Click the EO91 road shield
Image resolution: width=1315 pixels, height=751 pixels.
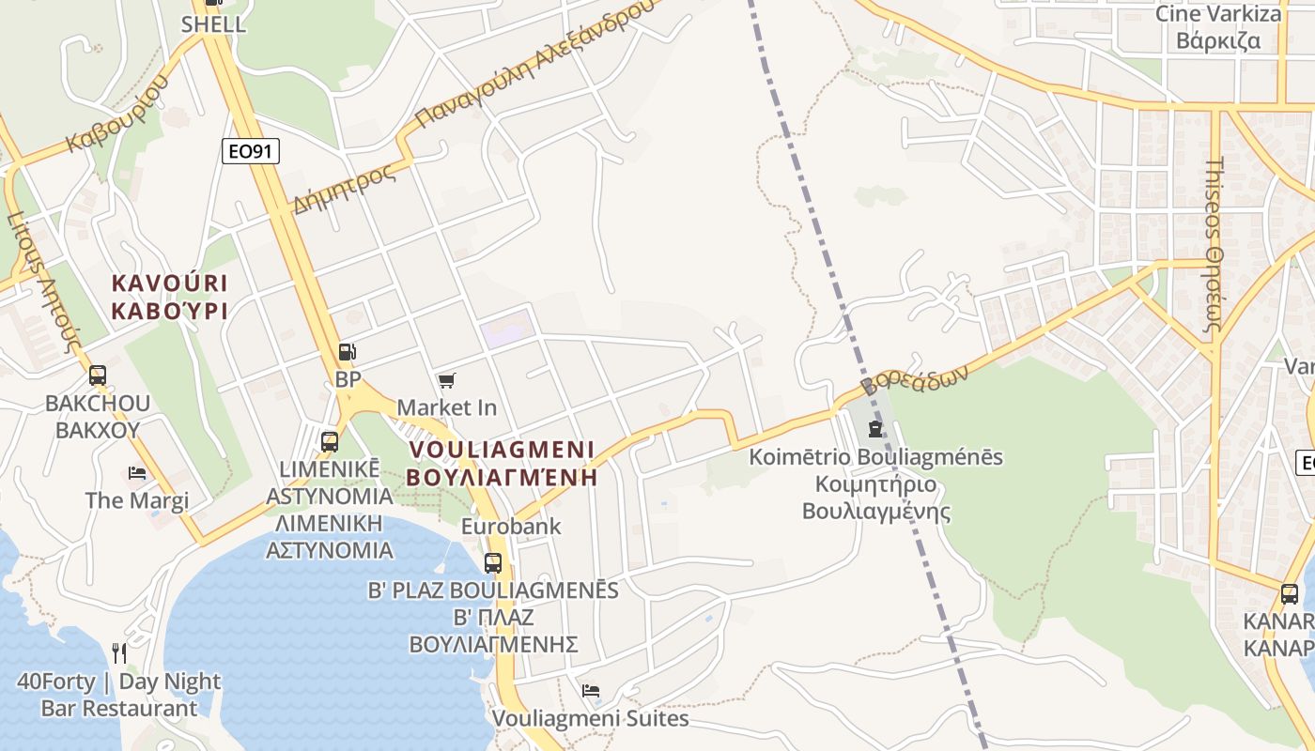pos(251,151)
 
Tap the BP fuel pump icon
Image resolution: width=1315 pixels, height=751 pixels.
pos(348,353)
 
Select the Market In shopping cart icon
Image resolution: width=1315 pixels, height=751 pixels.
pos(447,380)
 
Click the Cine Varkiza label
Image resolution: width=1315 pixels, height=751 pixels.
pos(1217,14)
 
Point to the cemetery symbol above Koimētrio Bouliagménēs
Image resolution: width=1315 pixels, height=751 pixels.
pos(875,429)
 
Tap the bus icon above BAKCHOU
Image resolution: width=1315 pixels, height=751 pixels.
pos(98,375)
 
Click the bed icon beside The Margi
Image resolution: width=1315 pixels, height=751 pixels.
pos(137,473)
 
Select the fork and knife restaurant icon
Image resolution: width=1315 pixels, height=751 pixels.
pos(119,652)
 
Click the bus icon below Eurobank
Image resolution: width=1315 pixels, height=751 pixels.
pos(493,563)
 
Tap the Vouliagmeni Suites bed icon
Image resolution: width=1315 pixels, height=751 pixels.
pos(591,691)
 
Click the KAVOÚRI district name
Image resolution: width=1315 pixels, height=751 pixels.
pos(170,283)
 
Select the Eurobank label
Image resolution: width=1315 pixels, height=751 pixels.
pos(511,526)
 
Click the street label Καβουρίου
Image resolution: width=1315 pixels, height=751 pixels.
pos(117,114)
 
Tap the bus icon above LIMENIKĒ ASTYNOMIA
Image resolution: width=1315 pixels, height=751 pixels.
pos(330,441)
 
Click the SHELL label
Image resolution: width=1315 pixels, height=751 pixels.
pos(214,24)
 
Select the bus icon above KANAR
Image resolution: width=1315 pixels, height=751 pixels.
pos(1290,594)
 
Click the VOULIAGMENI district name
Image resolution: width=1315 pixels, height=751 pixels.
pos(503,449)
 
